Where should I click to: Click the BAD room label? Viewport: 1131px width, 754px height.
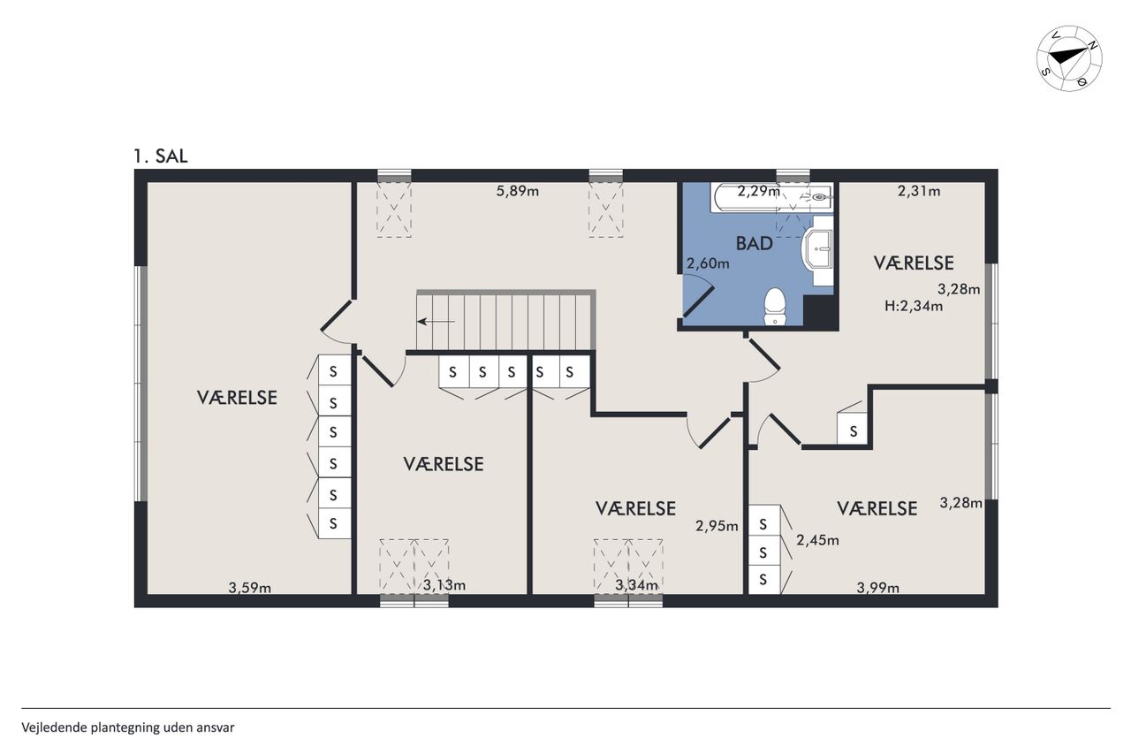pyautogui.click(x=755, y=243)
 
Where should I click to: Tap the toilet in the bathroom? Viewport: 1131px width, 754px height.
pyautogui.click(x=774, y=306)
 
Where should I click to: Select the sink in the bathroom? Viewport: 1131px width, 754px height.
pyautogui.click(x=817, y=249)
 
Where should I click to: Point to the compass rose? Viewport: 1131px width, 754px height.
pyautogui.click(x=1069, y=58)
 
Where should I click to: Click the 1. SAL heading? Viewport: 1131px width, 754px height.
pyautogui.click(x=161, y=156)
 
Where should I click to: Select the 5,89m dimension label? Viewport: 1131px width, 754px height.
pyautogui.click(x=518, y=192)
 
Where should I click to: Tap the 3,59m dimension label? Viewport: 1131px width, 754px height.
pyautogui.click(x=250, y=588)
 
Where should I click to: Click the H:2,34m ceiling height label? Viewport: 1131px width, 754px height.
pyautogui.click(x=914, y=306)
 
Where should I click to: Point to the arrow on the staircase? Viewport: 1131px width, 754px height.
pyautogui.click(x=436, y=321)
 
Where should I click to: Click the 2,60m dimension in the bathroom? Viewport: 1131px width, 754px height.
pyautogui.click(x=708, y=263)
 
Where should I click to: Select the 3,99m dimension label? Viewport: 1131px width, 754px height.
pyautogui.click(x=878, y=588)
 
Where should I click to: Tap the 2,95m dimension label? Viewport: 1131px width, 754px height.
pyautogui.click(x=717, y=526)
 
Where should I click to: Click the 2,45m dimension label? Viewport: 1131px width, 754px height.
pyautogui.click(x=818, y=540)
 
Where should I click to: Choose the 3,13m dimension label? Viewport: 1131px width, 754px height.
pyautogui.click(x=444, y=585)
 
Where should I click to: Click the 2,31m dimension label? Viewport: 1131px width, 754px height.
pyautogui.click(x=919, y=192)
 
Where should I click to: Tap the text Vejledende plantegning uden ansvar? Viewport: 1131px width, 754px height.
pyautogui.click(x=128, y=727)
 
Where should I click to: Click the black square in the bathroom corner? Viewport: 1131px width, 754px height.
pyautogui.click(x=818, y=310)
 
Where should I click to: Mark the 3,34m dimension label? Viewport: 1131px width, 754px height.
pyautogui.click(x=637, y=585)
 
